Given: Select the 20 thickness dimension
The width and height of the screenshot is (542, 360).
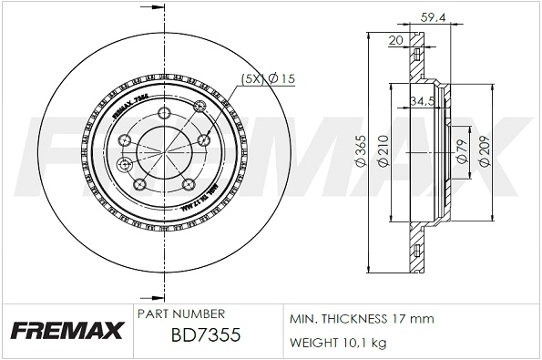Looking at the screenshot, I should [395, 40].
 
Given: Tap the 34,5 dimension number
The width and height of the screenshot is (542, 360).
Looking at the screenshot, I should [422, 100].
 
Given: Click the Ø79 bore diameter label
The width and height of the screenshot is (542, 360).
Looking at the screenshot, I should [463, 150].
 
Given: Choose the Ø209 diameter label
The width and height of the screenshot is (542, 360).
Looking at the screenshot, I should [485, 150].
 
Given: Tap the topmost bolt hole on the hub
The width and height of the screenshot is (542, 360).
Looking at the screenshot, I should [163, 112].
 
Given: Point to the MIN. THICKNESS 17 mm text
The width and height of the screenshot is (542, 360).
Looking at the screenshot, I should [362, 320].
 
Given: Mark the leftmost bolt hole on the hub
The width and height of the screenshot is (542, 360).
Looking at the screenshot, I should [125, 165].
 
